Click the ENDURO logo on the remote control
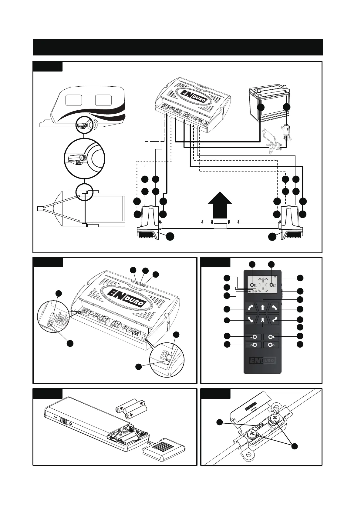pos(262,361)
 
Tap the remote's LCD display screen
pos(262,285)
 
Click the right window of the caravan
pos(103,100)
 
